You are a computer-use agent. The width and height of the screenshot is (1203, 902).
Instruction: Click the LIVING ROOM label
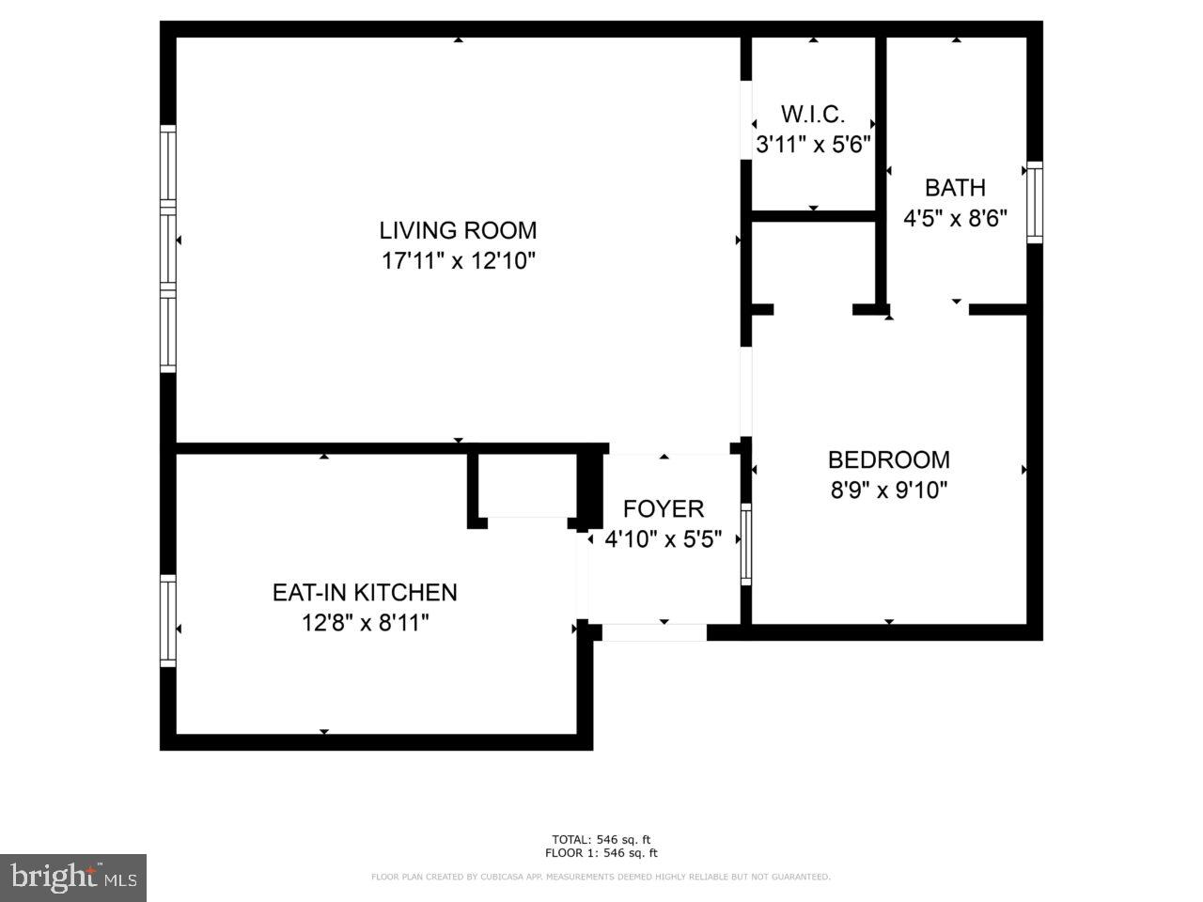coord(458,230)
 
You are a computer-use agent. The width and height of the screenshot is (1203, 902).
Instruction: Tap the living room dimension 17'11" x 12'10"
coord(458,260)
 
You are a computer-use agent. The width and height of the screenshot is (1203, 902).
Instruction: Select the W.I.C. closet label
coord(813,115)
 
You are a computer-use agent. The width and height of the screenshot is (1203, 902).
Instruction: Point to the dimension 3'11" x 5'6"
coord(814,145)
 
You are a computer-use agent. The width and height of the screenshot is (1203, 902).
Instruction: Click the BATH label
coord(955,187)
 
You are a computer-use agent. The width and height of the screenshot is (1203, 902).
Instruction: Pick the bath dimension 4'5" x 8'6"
coord(955,218)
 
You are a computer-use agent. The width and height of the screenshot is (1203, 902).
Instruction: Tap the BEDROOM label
coord(888,459)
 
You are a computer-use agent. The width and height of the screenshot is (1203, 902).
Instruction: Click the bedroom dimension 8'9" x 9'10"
coord(888,490)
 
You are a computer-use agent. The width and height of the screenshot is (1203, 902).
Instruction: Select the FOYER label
coord(664,508)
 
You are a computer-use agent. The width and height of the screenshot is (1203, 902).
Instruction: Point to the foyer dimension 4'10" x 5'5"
coord(664,539)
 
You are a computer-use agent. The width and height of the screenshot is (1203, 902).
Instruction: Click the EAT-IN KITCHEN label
coord(365,592)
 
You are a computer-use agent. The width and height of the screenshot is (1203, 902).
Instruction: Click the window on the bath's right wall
coord(1034,202)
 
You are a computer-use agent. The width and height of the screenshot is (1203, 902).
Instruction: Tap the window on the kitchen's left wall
coord(168,621)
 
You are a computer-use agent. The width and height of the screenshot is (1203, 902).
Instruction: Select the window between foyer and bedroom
coord(746,543)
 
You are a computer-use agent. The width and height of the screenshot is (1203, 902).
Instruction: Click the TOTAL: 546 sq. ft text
coord(601,839)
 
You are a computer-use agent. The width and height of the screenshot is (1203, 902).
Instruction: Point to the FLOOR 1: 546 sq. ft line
coord(601,853)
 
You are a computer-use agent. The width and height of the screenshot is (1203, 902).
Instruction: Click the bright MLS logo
coord(72,878)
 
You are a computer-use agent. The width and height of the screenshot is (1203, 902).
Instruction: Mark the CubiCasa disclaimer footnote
coord(601,877)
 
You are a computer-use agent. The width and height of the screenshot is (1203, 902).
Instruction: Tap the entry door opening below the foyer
coord(653,633)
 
